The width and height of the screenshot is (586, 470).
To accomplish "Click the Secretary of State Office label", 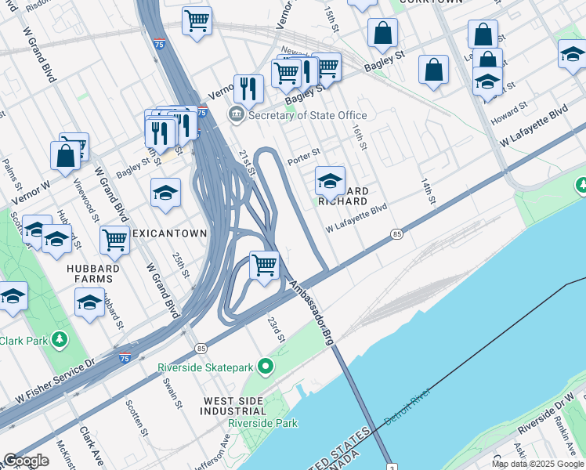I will click(307, 115).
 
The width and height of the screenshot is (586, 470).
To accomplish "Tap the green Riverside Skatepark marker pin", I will click(266, 366).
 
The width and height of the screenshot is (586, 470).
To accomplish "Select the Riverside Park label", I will click(262, 423).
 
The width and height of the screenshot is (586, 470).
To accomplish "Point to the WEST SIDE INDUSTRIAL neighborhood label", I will click(234, 405).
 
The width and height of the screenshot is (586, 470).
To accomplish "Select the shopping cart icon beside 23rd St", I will click(265, 265).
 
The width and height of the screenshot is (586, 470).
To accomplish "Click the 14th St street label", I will click(429, 190).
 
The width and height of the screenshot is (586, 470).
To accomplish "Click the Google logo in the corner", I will click(26, 461).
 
